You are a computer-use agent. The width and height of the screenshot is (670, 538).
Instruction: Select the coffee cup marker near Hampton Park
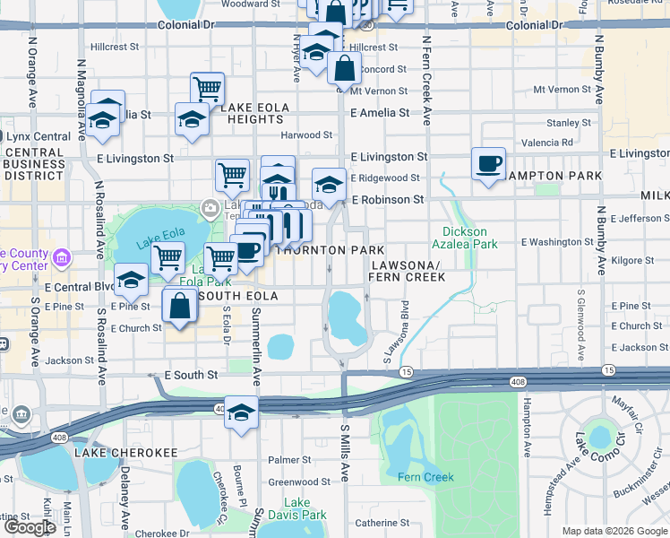tap(488, 165)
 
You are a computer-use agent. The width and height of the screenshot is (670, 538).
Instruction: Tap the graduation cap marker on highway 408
tap(241, 413)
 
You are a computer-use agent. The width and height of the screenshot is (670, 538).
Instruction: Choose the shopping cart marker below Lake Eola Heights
tap(233, 177)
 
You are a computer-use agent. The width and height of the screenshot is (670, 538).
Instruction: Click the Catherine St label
tap(382, 523)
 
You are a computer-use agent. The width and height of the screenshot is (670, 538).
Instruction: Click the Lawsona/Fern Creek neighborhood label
tap(408, 272)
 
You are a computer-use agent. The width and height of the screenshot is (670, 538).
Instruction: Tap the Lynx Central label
tap(39, 136)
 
